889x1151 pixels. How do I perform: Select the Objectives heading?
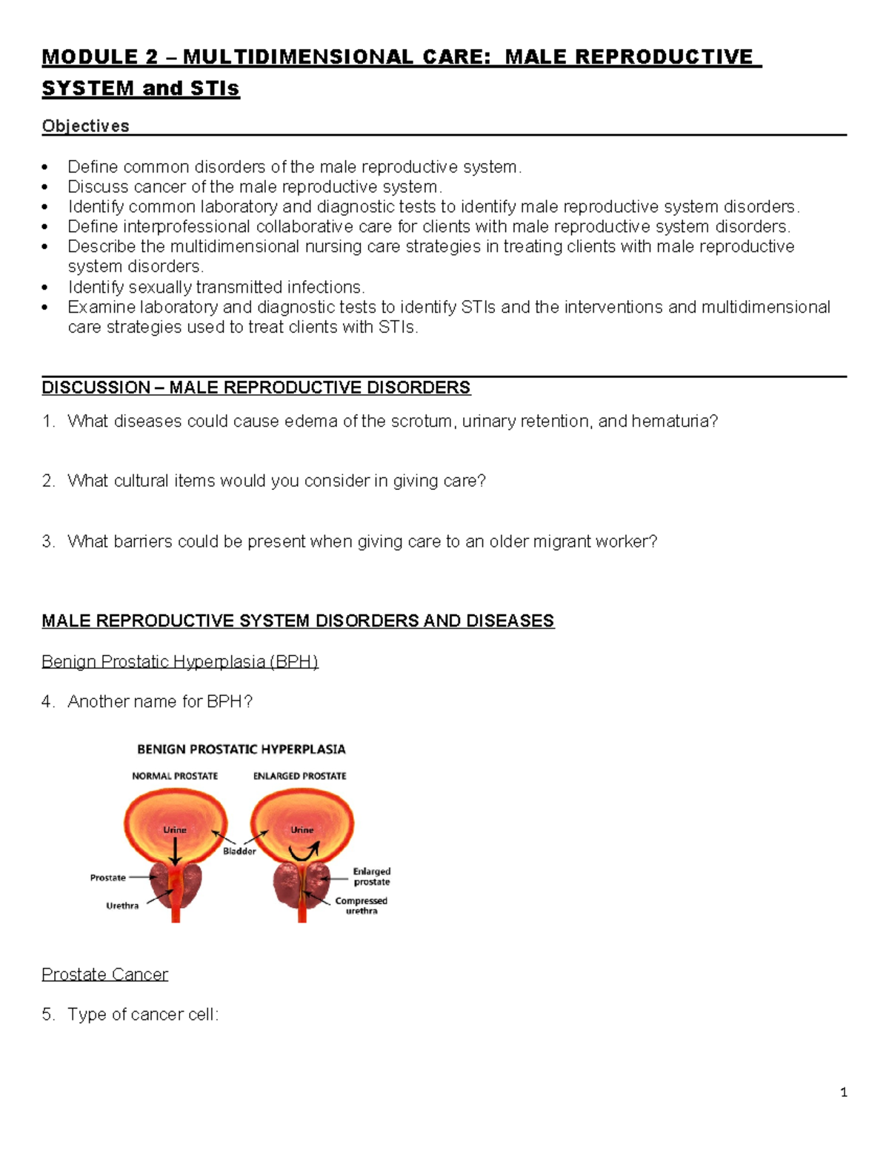pos(85,126)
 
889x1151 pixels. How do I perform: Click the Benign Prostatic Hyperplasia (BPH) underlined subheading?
pos(180,661)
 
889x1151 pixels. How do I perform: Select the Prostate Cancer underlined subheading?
pos(104,974)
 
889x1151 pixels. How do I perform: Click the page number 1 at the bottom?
pos(844,1092)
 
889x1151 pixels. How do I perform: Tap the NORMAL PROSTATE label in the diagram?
pos(175,776)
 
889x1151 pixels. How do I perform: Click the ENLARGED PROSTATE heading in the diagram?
pos(299,776)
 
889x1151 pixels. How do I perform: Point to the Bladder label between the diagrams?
pos(239,851)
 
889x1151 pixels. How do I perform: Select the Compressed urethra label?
pos(361,906)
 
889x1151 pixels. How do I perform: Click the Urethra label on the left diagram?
pos(122,906)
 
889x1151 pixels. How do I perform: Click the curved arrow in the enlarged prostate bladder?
pos(302,852)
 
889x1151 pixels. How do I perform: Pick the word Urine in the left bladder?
pos(175,830)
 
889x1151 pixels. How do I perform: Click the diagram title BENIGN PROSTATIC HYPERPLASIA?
pos(241,749)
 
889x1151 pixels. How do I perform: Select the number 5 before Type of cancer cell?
pos(47,1014)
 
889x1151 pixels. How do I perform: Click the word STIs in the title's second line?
pos(215,88)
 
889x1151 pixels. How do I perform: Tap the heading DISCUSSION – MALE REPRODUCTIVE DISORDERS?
pos(256,388)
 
